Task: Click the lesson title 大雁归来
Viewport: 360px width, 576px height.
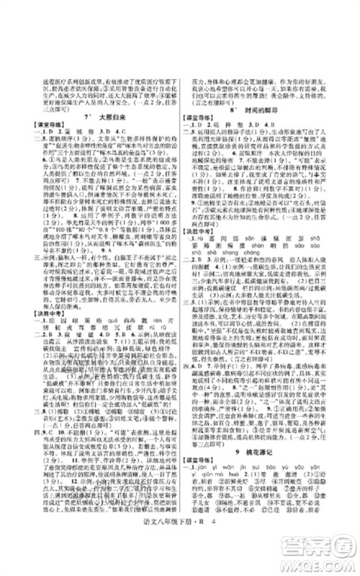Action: pyautogui.click(x=107, y=116)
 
